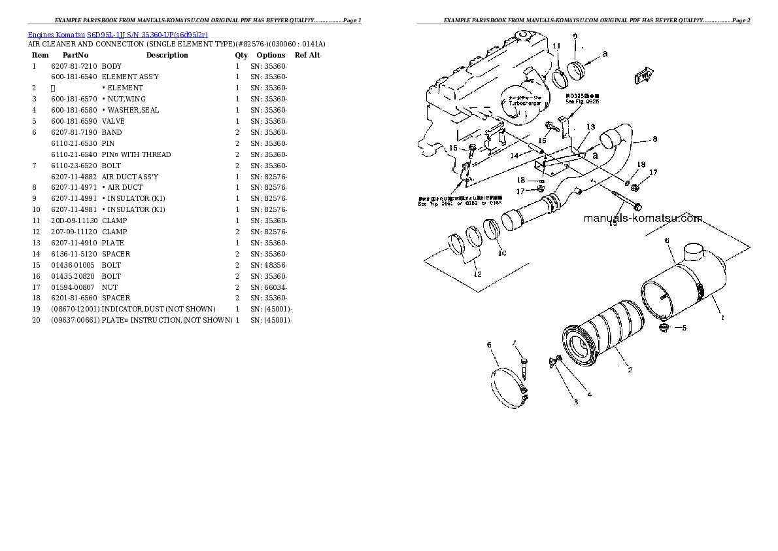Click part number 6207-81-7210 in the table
(74, 66)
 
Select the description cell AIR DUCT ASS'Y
(129, 177)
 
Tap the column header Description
(167, 56)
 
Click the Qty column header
(241, 56)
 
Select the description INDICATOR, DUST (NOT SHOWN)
(158, 310)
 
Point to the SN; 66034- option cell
(268, 287)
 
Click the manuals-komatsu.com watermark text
(643, 219)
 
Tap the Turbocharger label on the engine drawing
(517, 105)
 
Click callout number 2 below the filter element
(629, 370)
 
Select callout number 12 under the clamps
(477, 274)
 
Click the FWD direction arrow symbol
(644, 75)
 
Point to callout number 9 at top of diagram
(575, 36)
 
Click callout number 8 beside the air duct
(654, 139)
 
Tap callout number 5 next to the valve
(684, 329)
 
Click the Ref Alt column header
(307, 56)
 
